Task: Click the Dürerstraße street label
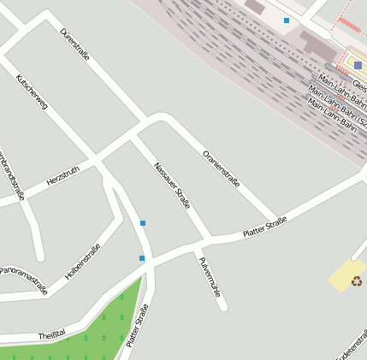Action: click(x=75, y=44)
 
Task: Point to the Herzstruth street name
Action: click(x=62, y=177)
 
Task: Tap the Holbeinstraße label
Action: click(x=82, y=262)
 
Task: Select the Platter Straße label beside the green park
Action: click(x=137, y=326)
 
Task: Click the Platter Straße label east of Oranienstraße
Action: click(x=264, y=227)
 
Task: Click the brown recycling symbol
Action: click(x=356, y=280)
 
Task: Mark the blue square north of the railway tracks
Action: click(x=287, y=20)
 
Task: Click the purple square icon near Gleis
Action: click(x=358, y=65)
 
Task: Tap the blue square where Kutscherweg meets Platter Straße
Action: click(x=142, y=258)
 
